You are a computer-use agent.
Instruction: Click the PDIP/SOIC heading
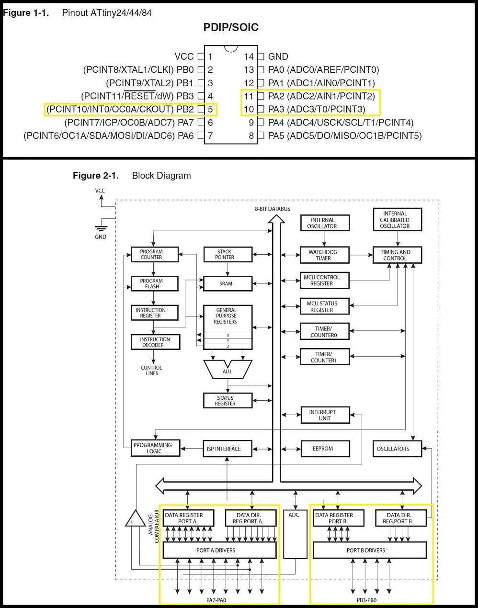click(231, 27)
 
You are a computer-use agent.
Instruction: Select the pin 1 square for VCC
click(201, 56)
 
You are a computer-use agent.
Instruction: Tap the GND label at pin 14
click(278, 56)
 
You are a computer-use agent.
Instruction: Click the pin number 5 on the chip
click(210, 109)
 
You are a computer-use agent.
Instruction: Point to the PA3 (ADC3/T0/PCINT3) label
click(316, 109)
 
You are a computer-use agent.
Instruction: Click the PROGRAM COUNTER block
click(155, 254)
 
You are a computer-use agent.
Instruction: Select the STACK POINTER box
click(228, 254)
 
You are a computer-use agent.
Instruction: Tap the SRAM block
click(228, 283)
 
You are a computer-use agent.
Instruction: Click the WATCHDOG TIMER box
click(325, 255)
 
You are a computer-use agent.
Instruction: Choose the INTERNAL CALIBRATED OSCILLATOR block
click(397, 220)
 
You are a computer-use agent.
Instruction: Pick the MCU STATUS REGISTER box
click(325, 306)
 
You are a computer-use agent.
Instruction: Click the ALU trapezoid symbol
click(227, 370)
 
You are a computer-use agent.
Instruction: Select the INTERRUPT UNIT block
click(325, 415)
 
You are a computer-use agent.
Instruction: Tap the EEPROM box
click(325, 449)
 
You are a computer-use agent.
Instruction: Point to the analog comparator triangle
click(135, 519)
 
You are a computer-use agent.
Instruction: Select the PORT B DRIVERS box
click(369, 550)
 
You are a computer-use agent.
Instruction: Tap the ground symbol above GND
click(101, 228)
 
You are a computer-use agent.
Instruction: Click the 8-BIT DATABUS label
click(273, 209)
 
